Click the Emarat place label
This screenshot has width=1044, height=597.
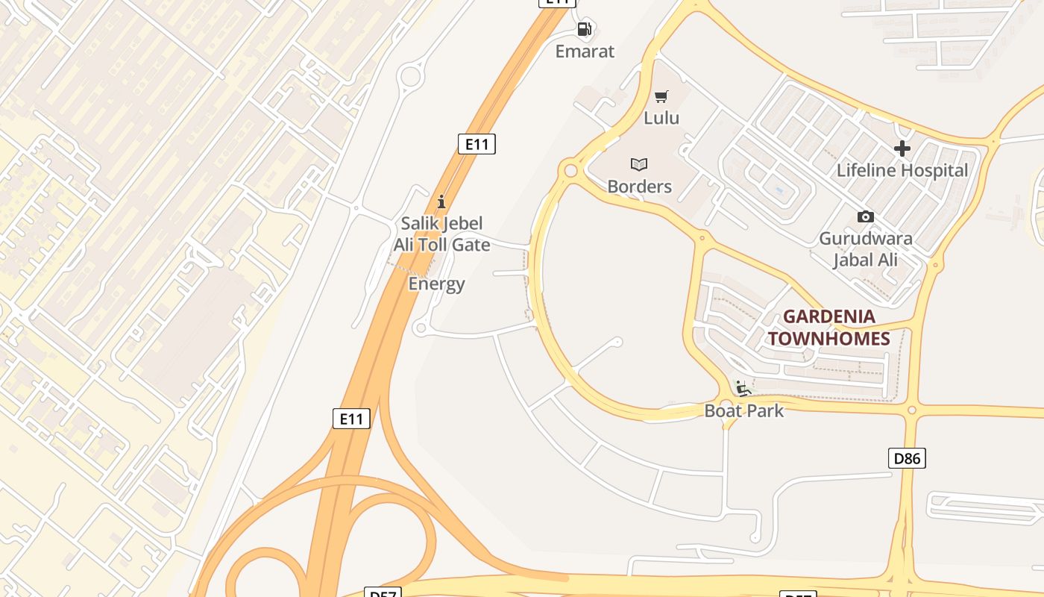[585, 51]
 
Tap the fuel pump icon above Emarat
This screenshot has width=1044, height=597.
[585, 29]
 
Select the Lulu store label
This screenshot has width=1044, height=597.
[661, 118]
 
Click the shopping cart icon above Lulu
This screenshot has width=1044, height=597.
[661, 96]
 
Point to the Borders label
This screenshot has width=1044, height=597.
[639, 187]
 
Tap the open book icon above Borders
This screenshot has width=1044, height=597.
[639, 164]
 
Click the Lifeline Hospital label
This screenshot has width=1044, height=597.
[902, 170]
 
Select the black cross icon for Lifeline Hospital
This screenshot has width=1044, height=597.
[902, 149]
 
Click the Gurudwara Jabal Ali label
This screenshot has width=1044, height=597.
[866, 249]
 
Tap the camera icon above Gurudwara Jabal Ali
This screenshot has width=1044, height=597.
[866, 217]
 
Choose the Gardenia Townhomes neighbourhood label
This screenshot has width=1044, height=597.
[829, 328]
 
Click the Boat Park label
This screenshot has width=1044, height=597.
[744, 410]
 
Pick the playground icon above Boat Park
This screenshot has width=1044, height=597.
[743, 388]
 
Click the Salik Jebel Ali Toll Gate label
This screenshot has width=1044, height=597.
[441, 234]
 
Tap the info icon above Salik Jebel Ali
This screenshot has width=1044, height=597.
[441, 201]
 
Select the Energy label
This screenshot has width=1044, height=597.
[436, 284]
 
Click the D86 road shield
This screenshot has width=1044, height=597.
[907, 458]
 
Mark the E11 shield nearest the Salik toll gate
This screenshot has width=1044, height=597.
[477, 144]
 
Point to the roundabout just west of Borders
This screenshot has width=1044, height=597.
[571, 171]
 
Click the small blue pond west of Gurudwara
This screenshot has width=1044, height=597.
[779, 190]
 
